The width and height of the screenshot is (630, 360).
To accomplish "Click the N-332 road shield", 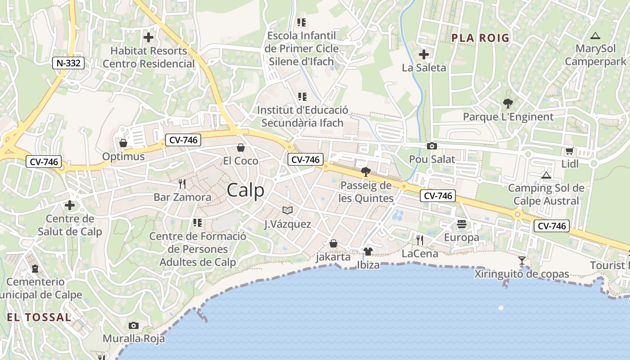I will point(68,63).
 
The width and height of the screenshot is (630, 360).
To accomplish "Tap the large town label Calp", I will point(246,190).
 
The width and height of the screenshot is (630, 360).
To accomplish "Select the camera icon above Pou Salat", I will point(432,146).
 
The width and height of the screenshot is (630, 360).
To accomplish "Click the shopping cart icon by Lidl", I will point(569,151).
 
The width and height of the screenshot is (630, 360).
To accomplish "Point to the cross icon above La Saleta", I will point(423,55).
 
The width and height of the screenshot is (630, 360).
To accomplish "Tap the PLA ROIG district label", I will point(480,38).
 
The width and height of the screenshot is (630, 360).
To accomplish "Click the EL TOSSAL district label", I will point(39,317).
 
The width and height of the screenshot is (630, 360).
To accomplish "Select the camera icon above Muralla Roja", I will point(134,325).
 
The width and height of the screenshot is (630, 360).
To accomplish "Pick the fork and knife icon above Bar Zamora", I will point(182,184).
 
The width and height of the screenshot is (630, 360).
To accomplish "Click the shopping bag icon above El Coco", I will point(241,148).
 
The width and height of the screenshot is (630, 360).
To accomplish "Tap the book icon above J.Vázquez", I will point(287,210).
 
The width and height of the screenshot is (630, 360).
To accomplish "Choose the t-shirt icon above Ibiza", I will point(368,252).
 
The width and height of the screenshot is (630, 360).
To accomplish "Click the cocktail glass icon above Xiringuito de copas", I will point(522,261).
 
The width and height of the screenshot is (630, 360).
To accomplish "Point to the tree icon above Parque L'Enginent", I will point(508,103).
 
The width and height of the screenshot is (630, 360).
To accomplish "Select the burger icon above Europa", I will point(461,224).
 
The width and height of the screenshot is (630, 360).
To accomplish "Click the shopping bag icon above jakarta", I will point(333,243).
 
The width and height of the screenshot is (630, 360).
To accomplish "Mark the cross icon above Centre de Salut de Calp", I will point(70,206).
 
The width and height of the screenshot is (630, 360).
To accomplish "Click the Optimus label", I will point(123,157).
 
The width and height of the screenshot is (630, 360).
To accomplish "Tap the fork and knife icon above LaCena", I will point(419,240).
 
